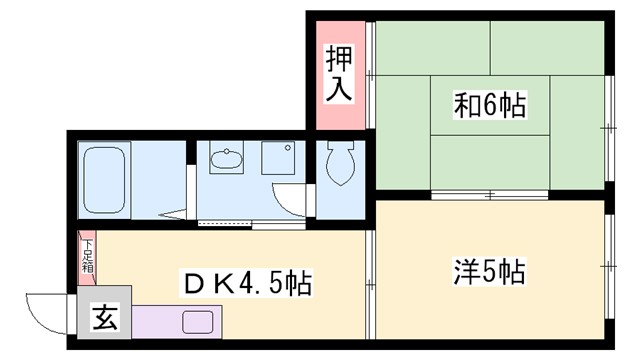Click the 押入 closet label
click(339, 76)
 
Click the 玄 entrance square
click(102, 321)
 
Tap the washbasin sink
click(227, 159)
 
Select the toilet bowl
click(337, 166)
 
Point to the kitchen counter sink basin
click(196, 323)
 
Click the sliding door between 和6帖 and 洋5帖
click(490, 192)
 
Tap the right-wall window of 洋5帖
click(610, 269)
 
